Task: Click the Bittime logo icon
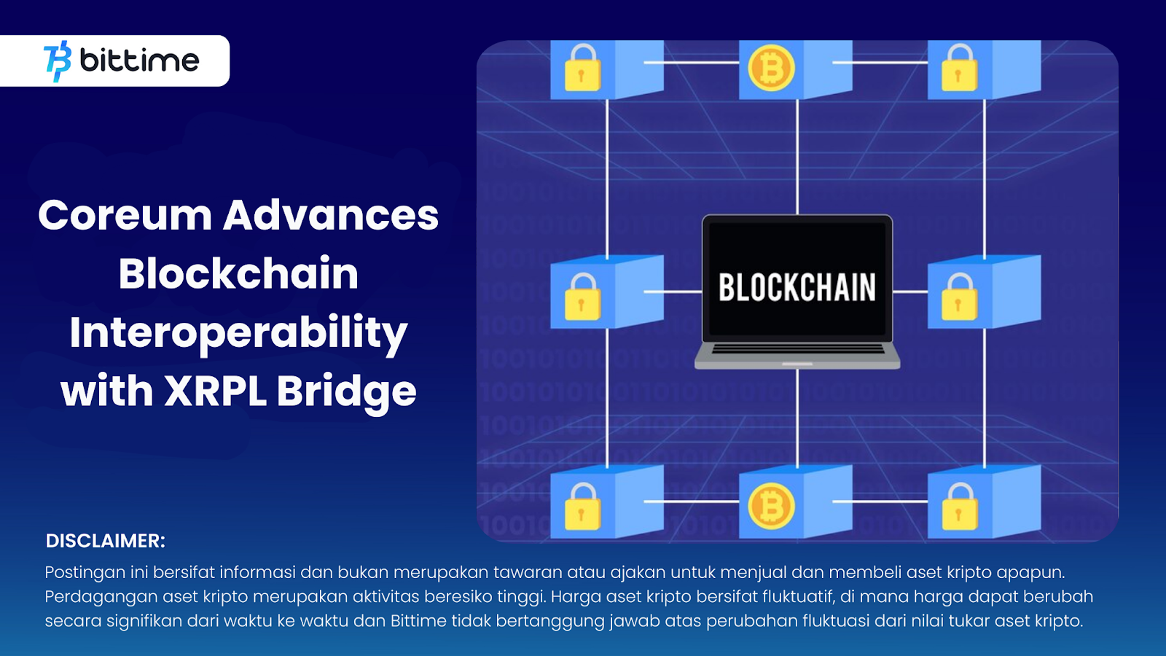[x=58, y=61]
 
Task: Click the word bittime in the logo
[x=139, y=60]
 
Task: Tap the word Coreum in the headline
[x=125, y=215]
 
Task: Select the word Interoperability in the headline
[x=238, y=333]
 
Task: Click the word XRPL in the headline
[x=216, y=391]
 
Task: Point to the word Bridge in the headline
[x=346, y=393]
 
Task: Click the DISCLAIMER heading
[x=105, y=541]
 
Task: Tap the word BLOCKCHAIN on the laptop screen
[x=797, y=287]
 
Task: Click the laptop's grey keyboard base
[x=797, y=356]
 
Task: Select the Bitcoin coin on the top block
[x=771, y=69]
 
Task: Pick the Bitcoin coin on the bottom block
[x=771, y=506]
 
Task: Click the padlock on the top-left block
[x=582, y=69]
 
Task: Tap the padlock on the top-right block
[x=959, y=69]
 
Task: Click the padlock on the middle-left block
[x=582, y=297]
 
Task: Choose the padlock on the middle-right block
[x=959, y=297]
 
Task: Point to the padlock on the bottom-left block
[x=582, y=507]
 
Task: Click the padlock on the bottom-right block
[x=959, y=507]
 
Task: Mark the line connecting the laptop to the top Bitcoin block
[x=797, y=157]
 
